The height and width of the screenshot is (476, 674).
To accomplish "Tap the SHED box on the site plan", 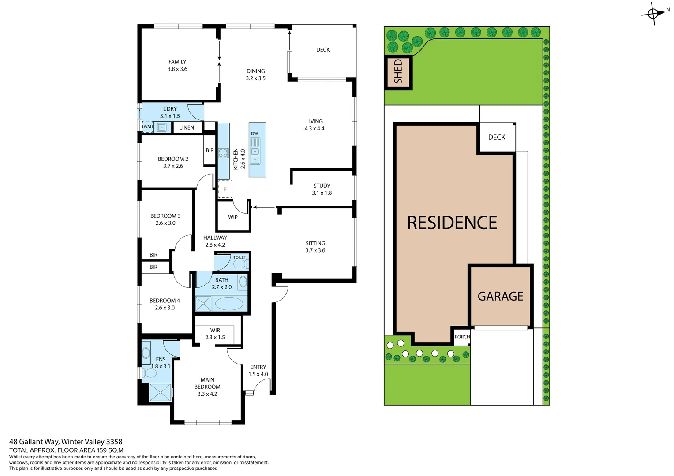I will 398,72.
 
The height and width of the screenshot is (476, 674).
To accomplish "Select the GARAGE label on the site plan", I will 500,297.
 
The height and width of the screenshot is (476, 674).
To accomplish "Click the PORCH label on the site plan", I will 462,337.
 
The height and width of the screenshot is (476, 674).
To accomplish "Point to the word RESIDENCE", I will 452,223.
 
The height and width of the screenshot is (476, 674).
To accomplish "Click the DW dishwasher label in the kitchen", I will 255,134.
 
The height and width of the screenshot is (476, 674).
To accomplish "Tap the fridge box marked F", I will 225,189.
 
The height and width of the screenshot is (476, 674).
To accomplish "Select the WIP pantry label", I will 233,217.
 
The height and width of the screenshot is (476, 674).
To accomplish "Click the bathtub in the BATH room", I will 228,304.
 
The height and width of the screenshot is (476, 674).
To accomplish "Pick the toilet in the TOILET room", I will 240,264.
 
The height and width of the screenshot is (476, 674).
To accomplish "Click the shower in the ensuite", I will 160,392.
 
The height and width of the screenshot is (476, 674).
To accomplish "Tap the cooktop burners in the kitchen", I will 223,153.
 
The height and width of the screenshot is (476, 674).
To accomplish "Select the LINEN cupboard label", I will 187,128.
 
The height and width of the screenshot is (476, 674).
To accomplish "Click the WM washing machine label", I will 147,127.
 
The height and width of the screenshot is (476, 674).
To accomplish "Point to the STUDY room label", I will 322,186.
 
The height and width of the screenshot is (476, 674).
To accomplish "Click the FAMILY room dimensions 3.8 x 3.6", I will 177,69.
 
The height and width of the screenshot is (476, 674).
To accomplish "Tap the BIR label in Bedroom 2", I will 210,151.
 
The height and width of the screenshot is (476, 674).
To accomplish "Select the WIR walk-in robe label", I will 215,331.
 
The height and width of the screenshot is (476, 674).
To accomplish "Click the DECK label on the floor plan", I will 323,50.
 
